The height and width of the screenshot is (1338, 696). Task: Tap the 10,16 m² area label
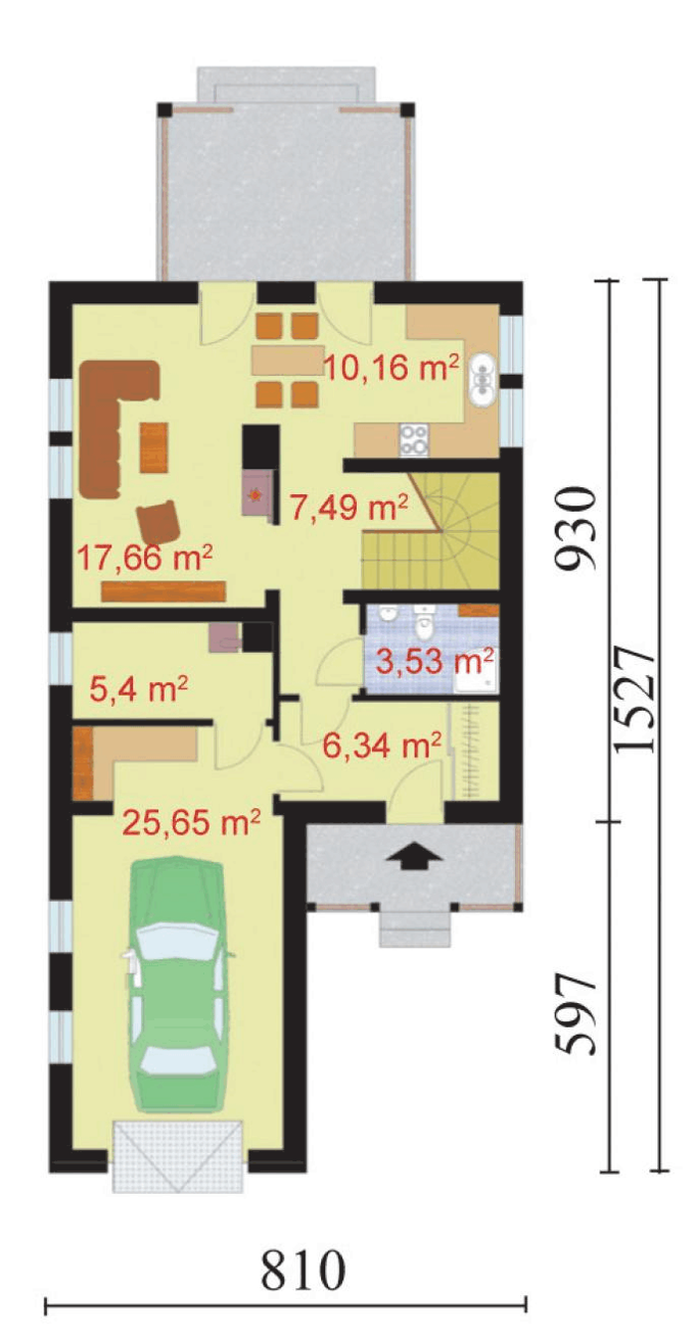click(392, 368)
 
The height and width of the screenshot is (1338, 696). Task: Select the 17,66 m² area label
click(145, 559)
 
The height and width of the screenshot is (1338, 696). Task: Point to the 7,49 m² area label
click(349, 508)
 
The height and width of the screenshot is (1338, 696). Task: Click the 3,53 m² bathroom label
click(435, 661)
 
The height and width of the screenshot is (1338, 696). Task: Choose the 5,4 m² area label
click(138, 689)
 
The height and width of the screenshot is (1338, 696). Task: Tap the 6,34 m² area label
click(383, 745)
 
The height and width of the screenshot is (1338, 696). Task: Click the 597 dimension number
click(575, 1015)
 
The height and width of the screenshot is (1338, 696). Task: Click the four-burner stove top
click(414, 439)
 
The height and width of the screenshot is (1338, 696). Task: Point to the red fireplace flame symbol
click(257, 493)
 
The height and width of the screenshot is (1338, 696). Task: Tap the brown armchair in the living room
click(159, 523)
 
